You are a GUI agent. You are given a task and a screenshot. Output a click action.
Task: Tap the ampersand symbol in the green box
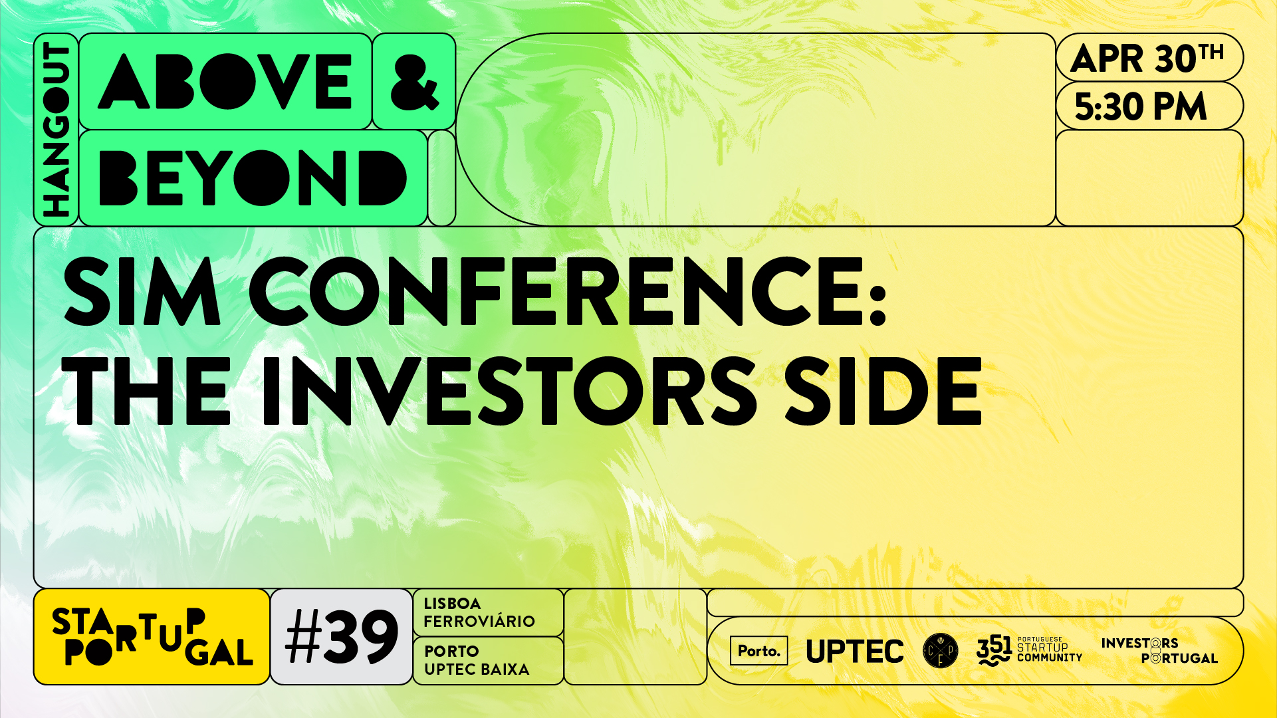pos(414,81)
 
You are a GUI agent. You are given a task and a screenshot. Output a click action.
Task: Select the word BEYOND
pos(252,178)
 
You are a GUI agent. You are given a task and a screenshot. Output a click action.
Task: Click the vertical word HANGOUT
pos(56,130)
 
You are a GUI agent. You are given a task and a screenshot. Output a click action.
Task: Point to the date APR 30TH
pos(1147,59)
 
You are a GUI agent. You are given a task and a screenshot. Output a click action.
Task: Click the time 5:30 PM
pos(1140,106)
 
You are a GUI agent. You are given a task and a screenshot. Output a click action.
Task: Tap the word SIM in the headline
pos(142,292)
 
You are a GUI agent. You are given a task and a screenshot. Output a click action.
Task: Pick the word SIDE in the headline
pos(883,390)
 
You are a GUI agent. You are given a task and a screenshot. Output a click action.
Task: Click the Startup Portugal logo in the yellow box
pos(152,637)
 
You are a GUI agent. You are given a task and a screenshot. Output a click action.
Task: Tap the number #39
pos(342,637)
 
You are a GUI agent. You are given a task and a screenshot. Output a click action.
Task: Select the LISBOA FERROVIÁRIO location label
pos(479,612)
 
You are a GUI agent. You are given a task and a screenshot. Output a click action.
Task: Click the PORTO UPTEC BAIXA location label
pos(477,660)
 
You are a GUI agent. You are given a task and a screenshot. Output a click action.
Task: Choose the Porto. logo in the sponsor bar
pos(758,651)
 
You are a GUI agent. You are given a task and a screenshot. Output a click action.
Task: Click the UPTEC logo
pos(855,652)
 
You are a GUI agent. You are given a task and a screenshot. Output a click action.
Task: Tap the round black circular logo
pos(941,651)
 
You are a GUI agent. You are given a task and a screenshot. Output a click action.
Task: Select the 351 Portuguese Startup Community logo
pos(1029,651)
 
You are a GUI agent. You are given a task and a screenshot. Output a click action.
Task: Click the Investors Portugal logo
pos(1159,651)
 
